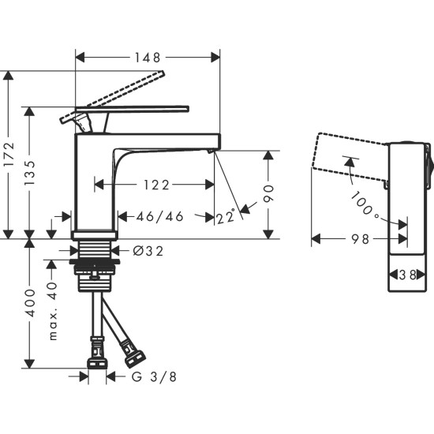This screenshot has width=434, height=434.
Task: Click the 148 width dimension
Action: click(148, 57)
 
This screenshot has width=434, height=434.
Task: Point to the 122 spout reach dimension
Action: click(155, 185)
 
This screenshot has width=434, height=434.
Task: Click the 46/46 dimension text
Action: click(160, 215)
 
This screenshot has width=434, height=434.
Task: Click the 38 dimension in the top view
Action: click(410, 275)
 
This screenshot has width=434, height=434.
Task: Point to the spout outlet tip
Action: click(213, 150)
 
